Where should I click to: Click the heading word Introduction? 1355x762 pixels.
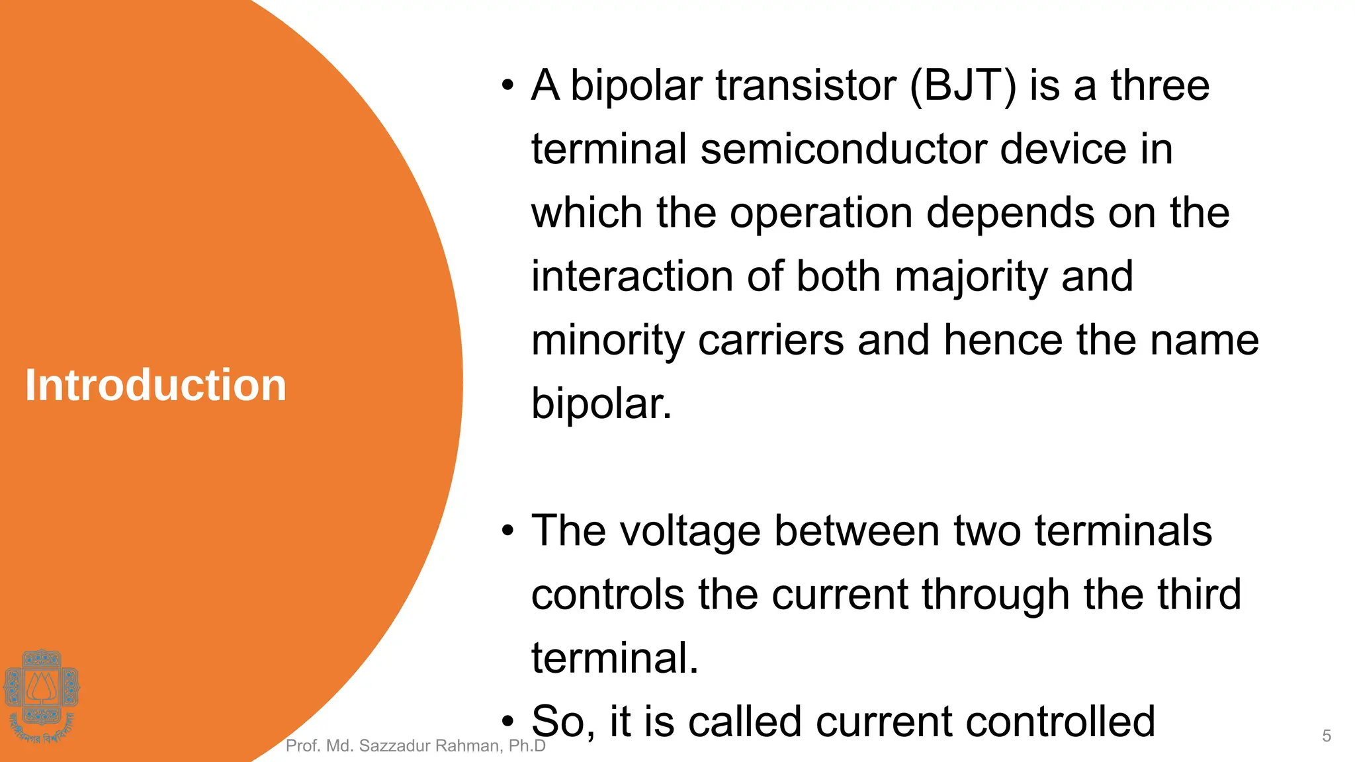pos(155,386)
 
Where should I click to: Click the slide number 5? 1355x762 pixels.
pos(1326,736)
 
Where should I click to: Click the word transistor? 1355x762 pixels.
pos(805,86)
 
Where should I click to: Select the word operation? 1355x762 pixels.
pos(820,214)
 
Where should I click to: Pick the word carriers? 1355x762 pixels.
pos(771,341)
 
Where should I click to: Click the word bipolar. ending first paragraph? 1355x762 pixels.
pos(601,404)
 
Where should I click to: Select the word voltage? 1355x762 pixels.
pos(688,531)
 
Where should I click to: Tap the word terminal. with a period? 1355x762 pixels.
pos(614,658)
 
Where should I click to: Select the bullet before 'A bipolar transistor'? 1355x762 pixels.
pos(507,86)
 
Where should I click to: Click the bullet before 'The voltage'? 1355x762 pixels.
pos(507,531)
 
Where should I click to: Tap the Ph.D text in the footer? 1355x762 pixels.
pos(527,746)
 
